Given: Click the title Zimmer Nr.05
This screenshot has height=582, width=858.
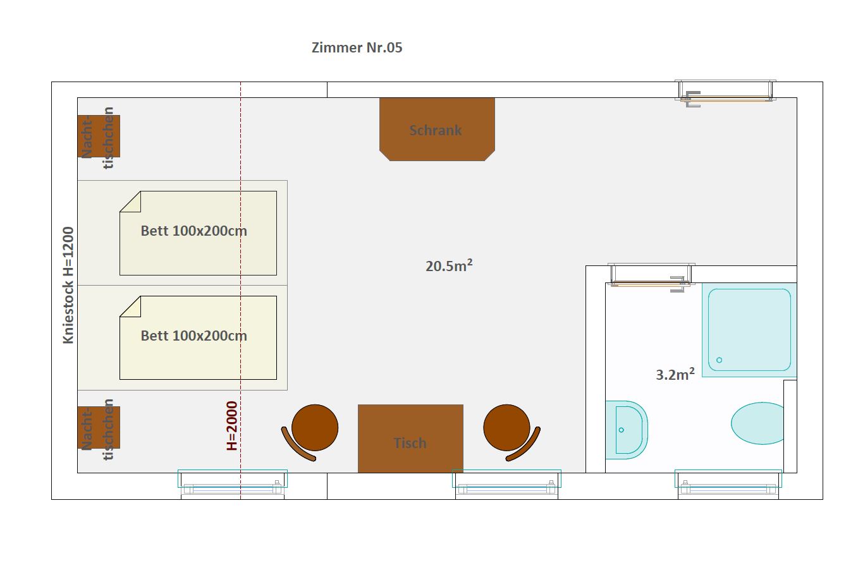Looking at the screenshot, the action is pyautogui.click(x=357, y=47).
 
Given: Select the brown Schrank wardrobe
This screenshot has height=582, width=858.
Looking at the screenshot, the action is pyautogui.click(x=437, y=130).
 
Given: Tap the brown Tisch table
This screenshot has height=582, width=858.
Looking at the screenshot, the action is pyautogui.click(x=410, y=439).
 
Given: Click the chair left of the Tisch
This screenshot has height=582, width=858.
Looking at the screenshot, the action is pyautogui.click(x=311, y=432).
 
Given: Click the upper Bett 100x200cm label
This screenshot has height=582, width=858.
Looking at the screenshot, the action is pyautogui.click(x=194, y=231).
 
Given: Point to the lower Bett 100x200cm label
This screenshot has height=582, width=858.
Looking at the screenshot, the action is pyautogui.click(x=194, y=336).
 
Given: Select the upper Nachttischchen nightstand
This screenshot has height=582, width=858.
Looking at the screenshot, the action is pyautogui.click(x=99, y=136).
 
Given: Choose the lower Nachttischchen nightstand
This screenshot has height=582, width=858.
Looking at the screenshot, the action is pyautogui.click(x=99, y=427).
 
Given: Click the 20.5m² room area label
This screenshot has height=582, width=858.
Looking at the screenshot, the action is pyautogui.click(x=449, y=266).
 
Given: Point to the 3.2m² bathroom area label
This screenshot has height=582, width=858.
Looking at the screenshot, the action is pyautogui.click(x=675, y=375).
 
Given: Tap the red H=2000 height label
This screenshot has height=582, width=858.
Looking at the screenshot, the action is pyautogui.click(x=232, y=425).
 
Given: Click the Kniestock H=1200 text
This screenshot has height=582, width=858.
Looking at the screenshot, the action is pyautogui.click(x=68, y=285).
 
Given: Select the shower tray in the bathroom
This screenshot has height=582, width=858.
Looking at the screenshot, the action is pyautogui.click(x=749, y=330).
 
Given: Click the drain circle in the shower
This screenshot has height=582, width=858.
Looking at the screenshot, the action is pyautogui.click(x=720, y=360).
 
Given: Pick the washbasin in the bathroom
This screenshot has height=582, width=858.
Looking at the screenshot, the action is pyautogui.click(x=627, y=430).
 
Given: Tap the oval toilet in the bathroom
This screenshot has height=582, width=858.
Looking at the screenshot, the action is pyautogui.click(x=757, y=423).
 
